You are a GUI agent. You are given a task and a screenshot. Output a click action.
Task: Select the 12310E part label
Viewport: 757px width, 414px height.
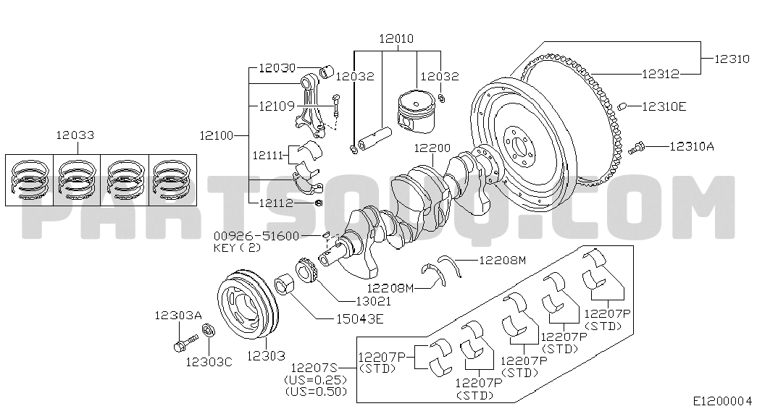(664, 106)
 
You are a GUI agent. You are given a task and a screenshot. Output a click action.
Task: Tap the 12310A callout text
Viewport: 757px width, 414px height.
(691, 146)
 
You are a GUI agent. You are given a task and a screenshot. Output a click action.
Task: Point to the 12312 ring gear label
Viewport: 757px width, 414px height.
(660, 73)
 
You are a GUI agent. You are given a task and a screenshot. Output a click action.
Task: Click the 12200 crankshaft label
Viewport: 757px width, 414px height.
(432, 148)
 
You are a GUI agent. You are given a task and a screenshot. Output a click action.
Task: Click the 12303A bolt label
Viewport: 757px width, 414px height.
(177, 315)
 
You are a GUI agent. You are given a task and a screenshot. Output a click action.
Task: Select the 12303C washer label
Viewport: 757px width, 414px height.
(208, 362)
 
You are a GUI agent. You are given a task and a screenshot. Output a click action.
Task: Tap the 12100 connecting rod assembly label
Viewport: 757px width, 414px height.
(217, 135)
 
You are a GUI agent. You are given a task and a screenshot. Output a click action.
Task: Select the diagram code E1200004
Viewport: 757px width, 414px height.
(722, 400)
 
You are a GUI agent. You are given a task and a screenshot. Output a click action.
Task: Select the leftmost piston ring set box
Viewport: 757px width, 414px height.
(29, 179)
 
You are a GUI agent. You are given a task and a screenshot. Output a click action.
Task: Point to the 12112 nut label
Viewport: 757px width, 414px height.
(276, 203)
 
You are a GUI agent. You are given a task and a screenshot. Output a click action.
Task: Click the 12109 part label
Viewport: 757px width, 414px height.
(276, 106)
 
